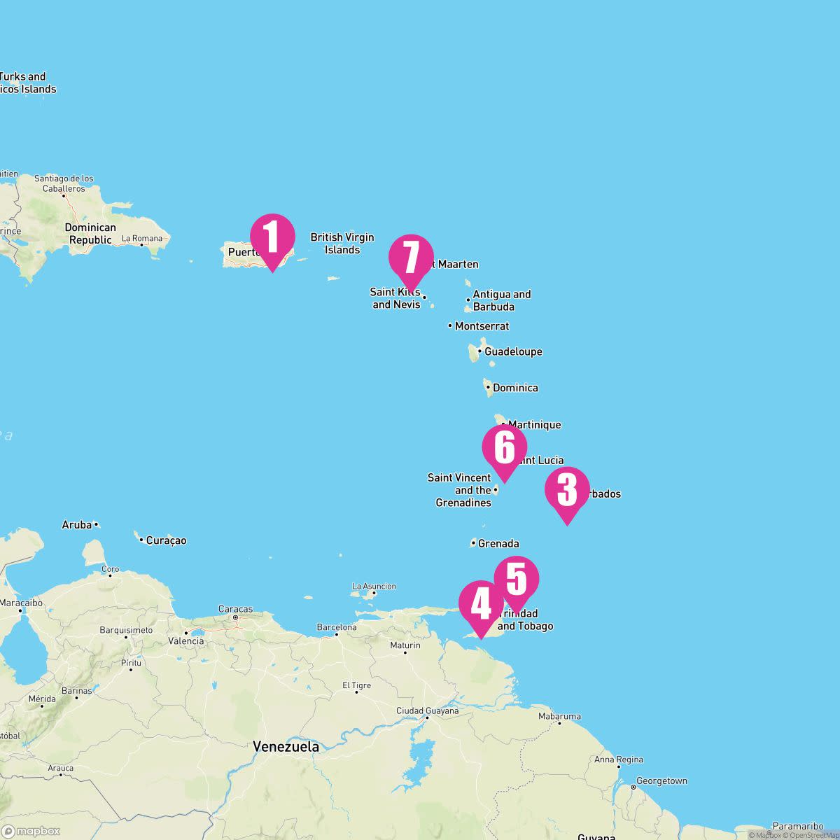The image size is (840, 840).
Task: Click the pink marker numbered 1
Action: point(272,237)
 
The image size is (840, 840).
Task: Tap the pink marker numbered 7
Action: point(411,257)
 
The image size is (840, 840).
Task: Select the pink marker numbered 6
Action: point(504,447)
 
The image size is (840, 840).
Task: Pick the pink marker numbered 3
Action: point(567,489)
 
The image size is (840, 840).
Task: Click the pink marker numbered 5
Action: point(517,579)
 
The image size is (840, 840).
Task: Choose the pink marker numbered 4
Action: point(481,603)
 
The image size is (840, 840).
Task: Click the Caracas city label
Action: point(235,609)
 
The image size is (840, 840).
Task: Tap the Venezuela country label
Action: point(286,746)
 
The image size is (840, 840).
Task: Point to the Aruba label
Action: point(77,525)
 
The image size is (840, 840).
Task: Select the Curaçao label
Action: point(166,540)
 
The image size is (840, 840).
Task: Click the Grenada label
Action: point(498,543)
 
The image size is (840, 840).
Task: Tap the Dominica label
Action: point(515,388)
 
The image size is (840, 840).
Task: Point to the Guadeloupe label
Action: point(513,351)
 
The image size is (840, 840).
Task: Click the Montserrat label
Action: point(482,326)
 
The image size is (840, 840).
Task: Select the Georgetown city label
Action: point(661,781)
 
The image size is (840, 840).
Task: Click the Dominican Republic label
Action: point(90,234)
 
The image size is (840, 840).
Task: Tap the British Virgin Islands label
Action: point(342,244)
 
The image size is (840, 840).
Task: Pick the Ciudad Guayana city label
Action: point(427,711)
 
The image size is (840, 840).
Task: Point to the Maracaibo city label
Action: point(21,603)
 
